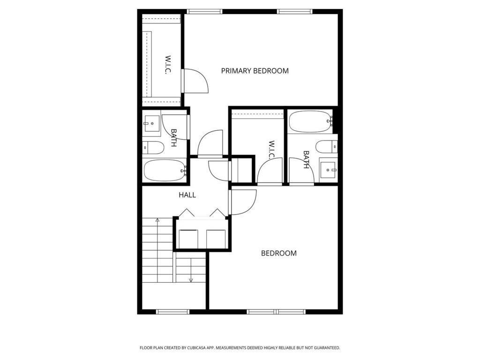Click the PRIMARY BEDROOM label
255,71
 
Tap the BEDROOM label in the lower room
278,253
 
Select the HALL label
187,195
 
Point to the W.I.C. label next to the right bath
271,149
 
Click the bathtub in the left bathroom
164,170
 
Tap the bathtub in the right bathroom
310,121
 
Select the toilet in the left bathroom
153,149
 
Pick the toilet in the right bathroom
326,147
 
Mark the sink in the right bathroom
328,168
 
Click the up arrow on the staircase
157,219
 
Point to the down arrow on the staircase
191,280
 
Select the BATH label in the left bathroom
173,138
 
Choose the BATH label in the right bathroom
306,159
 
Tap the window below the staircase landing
172,311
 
